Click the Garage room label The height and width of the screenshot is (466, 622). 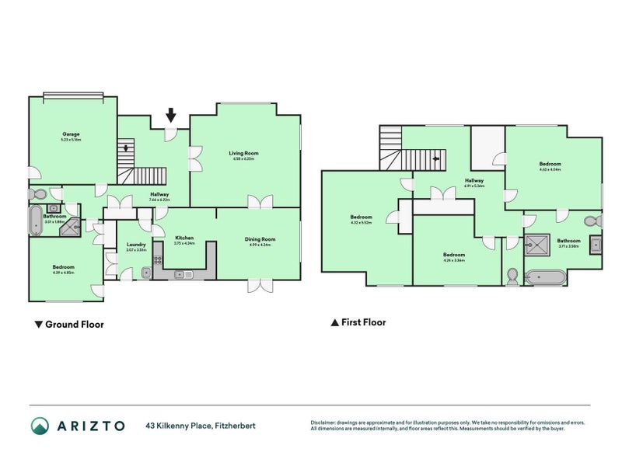pyautogui.click(x=72, y=134)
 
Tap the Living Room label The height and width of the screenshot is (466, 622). pyautogui.click(x=243, y=153)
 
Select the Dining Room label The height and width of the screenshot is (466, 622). pyautogui.click(x=260, y=239)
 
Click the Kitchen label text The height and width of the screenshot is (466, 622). pyautogui.click(x=184, y=238)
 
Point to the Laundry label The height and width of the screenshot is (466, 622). pyautogui.click(x=136, y=245)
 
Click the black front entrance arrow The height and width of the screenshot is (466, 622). pyautogui.click(x=171, y=117)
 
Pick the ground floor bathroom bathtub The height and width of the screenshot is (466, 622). pyautogui.click(x=37, y=221)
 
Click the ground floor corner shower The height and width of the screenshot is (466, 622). pyautogui.click(x=72, y=227)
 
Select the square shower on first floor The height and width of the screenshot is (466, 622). pyautogui.click(x=538, y=246)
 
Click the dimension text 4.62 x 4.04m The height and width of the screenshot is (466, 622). pyautogui.click(x=550, y=169)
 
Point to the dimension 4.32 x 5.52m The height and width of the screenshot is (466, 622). pyautogui.click(x=362, y=222)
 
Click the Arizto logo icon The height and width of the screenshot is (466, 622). pyautogui.click(x=40, y=425)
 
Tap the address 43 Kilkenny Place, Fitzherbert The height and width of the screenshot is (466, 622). pyautogui.click(x=201, y=426)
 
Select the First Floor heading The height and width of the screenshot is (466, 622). pyautogui.click(x=358, y=322)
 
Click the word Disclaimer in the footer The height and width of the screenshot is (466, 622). pyautogui.click(x=326, y=423)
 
